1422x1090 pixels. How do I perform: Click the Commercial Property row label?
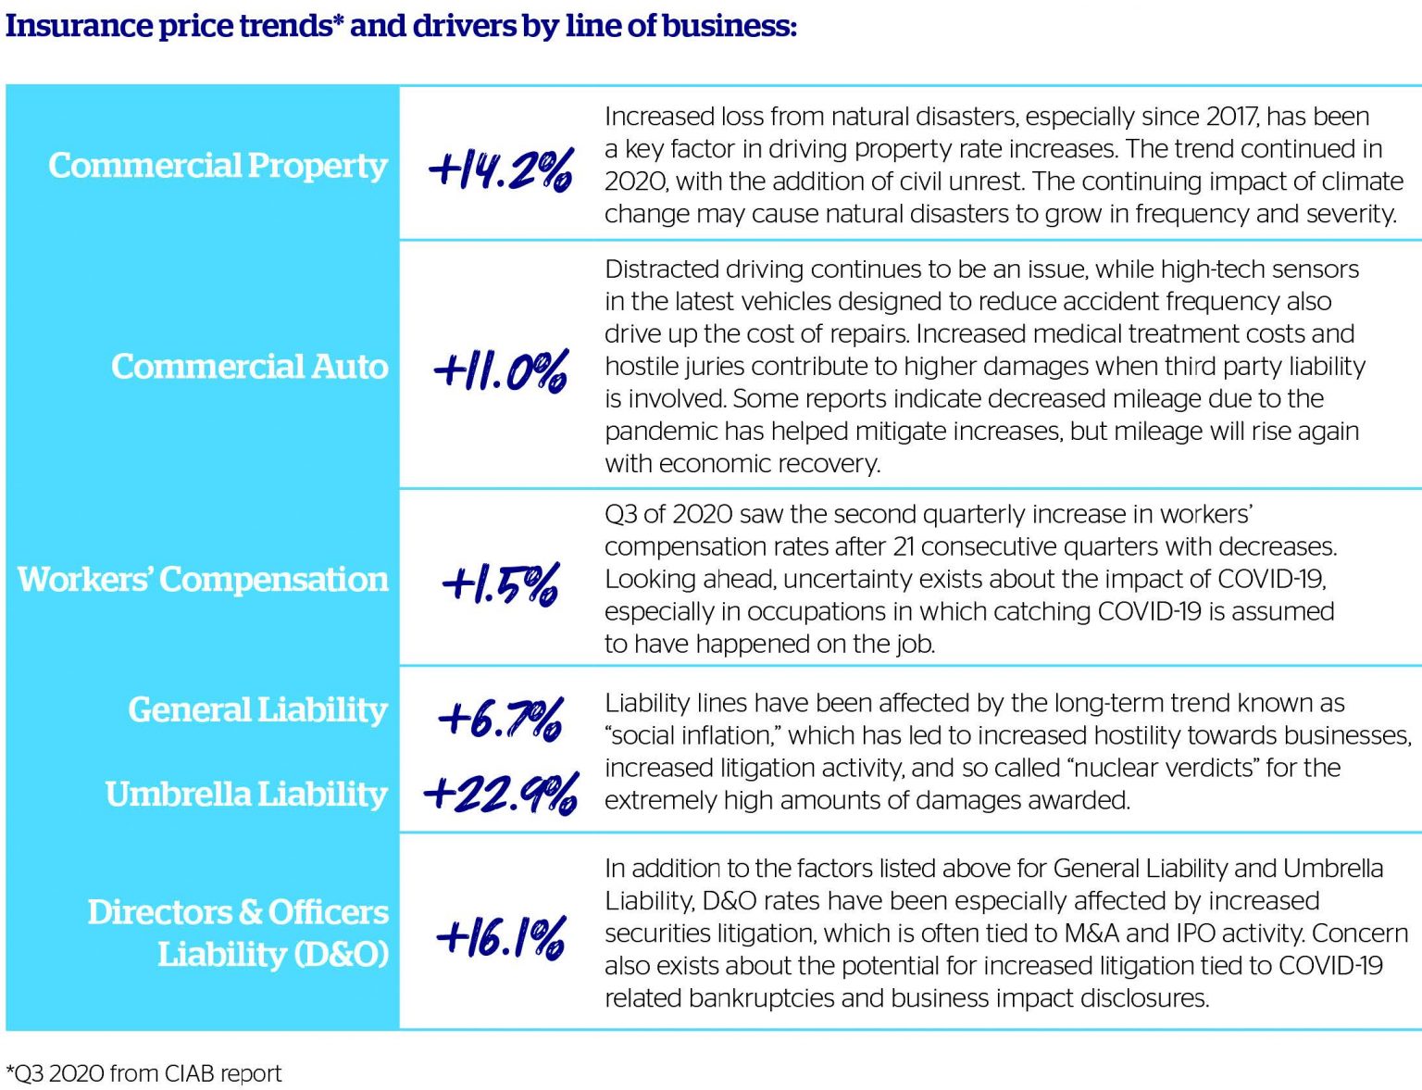click(x=218, y=166)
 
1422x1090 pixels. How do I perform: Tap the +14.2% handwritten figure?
click(x=501, y=170)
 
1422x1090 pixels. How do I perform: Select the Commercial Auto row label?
click(x=249, y=367)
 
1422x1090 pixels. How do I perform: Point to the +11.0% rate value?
click(x=501, y=371)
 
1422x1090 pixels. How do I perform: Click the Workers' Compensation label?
click(x=203, y=580)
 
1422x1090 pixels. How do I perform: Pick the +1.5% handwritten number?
click(x=501, y=584)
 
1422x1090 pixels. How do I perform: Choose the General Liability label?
click(x=257, y=710)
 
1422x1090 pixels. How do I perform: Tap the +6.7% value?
click(x=501, y=719)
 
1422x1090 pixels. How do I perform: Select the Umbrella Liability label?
click(x=245, y=795)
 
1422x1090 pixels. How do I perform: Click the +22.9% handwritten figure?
click(x=501, y=794)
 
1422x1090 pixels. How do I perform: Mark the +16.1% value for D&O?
click(x=501, y=937)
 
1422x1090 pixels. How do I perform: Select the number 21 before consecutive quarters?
click(x=904, y=547)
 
